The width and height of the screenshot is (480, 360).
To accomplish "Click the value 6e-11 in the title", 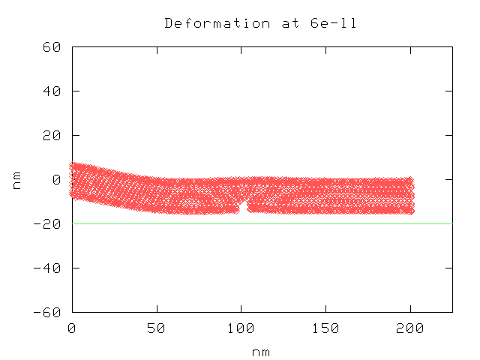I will pos(333,23).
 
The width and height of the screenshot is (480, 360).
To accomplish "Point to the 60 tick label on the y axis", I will pos(52,46).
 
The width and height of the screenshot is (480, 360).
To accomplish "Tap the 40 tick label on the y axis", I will pos(52,91).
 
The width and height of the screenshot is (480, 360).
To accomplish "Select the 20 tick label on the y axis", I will pos(52,135).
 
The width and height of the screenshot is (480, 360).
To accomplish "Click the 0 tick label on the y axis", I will pos(56,179).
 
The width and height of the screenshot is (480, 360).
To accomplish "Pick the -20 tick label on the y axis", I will pos(48,223).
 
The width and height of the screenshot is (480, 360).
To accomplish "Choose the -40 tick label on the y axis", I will pos(48,268).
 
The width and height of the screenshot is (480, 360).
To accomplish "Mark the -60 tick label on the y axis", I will pos(48,312).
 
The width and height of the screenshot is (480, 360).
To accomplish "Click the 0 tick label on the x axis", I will pos(72,328).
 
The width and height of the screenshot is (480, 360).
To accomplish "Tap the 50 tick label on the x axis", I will pos(157,328).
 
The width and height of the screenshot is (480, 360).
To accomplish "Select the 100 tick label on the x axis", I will pos(241,328).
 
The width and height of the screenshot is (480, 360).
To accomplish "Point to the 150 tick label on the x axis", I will pos(325,328).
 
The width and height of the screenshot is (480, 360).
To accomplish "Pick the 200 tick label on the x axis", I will pos(410,328).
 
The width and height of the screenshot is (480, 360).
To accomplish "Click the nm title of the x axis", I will pos(262,352).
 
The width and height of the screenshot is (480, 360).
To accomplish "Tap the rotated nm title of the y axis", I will pos(16,179).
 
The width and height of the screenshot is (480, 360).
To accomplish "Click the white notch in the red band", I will pos(243,205).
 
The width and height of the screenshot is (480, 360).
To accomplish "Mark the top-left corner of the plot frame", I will pos(72,46).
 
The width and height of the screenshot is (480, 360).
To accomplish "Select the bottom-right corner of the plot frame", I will pos(452,312).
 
